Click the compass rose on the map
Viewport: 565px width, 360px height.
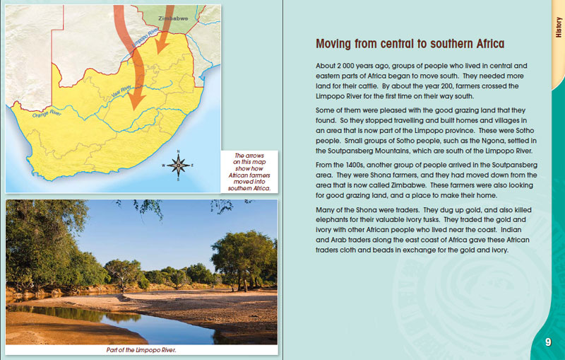click(x=178, y=165)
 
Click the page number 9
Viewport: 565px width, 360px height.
click(x=548, y=342)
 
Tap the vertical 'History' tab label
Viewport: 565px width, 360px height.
click(x=557, y=28)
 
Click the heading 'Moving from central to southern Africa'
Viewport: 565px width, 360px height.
click(x=410, y=44)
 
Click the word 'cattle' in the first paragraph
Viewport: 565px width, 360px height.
click(x=360, y=86)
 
